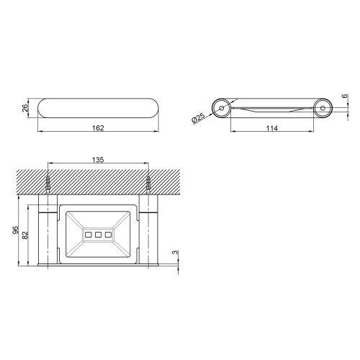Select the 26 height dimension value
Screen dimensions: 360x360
pyautogui.click(x=24, y=109)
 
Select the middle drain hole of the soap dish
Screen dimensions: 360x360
pyautogui.click(x=98, y=235)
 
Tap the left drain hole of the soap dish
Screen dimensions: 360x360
pyautogui.click(x=88, y=235)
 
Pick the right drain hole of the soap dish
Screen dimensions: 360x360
pyautogui.click(x=108, y=235)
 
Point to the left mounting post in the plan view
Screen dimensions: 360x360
pyautogui.click(x=48, y=234)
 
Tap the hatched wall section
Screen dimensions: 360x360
pyautogui.click(x=98, y=180)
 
